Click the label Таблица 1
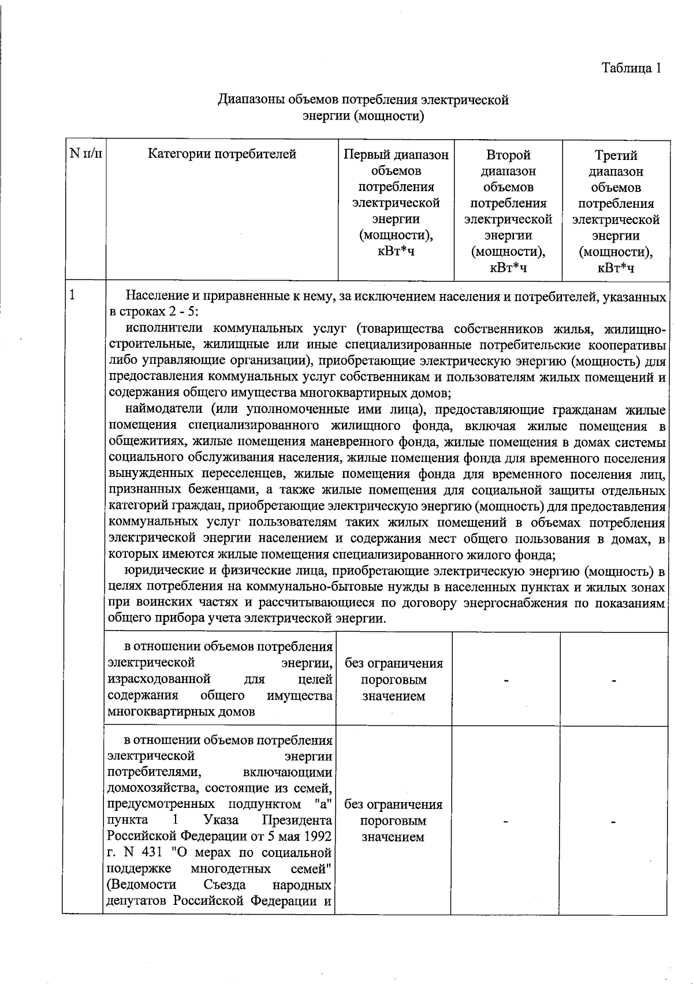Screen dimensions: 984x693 [x=631, y=68]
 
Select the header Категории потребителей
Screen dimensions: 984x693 [x=222, y=154]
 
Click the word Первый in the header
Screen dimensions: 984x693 [x=363, y=155]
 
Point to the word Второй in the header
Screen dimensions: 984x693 [x=508, y=155]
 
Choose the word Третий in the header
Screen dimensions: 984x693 [x=616, y=155]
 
